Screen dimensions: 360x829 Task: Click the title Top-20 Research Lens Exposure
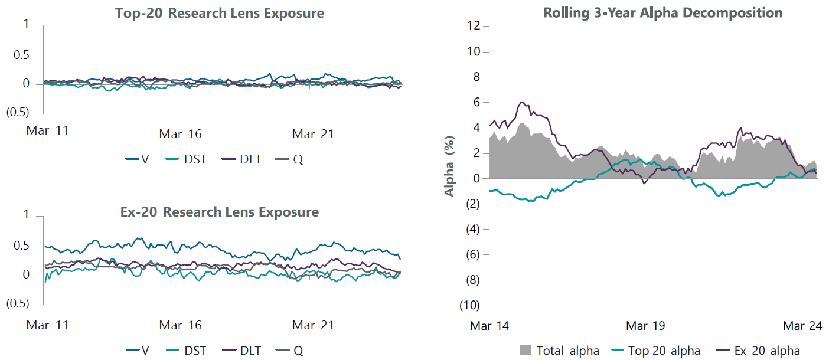click(219, 13)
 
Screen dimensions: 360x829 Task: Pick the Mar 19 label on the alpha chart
click(645, 325)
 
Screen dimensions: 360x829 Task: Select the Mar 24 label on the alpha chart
click(802, 325)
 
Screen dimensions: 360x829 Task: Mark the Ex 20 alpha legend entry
click(759, 351)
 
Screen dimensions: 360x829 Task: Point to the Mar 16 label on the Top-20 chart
click(180, 134)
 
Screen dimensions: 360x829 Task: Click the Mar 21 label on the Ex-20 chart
click(314, 325)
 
